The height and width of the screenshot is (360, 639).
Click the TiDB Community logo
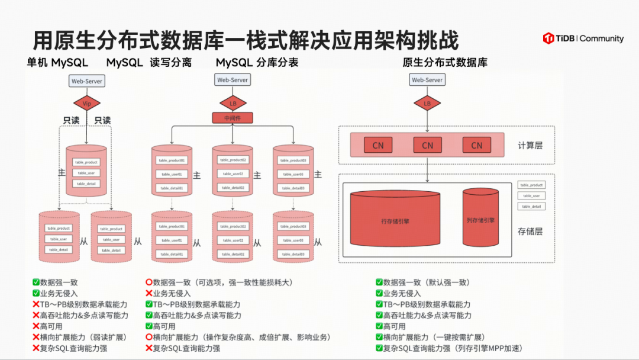coord(583,38)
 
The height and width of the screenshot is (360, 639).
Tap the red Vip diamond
coord(87,104)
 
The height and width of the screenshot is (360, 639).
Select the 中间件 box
coord(233,118)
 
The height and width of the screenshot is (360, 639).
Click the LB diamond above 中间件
coord(233,104)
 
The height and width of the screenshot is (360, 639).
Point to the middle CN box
coord(427,145)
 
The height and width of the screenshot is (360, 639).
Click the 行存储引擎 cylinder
coord(395,221)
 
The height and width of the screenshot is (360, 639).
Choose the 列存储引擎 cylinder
coord(480,220)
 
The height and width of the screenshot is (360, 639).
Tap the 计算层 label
coord(530,145)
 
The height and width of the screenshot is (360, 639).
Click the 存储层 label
coord(530,231)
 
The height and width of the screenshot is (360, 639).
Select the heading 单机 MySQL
coord(57,63)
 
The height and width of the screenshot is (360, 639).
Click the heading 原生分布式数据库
coord(445,63)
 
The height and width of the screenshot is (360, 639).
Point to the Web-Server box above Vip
coord(87,80)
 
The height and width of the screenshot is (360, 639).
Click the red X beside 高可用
coord(36,326)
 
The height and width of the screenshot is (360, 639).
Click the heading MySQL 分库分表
coord(257,63)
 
